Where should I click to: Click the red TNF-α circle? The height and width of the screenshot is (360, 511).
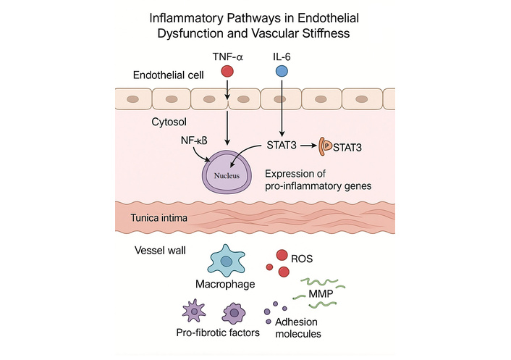(227, 71)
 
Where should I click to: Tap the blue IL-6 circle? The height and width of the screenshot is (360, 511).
(282, 71)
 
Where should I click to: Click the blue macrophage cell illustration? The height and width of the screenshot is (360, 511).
(227, 261)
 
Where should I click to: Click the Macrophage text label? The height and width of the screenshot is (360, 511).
(227, 284)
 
